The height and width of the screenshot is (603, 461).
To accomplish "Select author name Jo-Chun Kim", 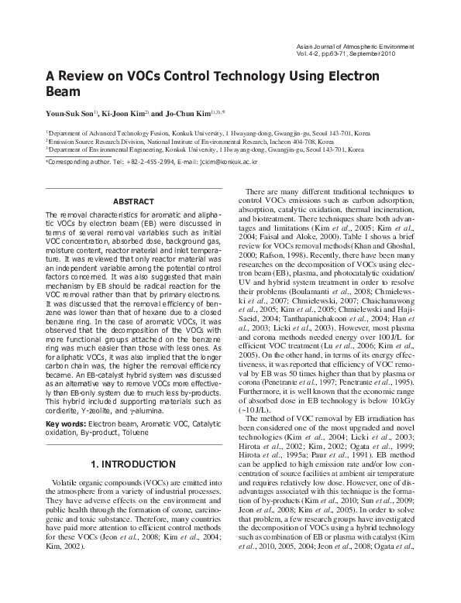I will click(194, 114).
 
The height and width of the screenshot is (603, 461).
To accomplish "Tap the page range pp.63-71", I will click(334, 57).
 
